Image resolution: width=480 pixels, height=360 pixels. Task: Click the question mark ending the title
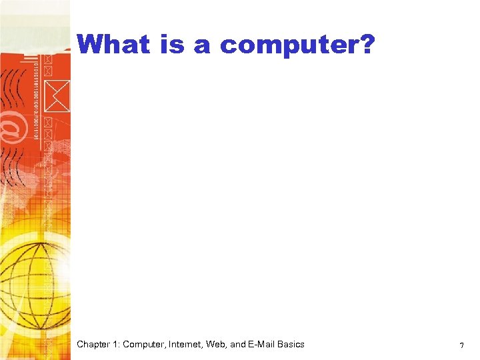(368, 45)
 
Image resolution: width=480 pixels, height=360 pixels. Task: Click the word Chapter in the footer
(93, 345)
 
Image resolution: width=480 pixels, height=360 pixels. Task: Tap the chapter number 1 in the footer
(116, 345)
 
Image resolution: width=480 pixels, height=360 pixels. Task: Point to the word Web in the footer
(221, 345)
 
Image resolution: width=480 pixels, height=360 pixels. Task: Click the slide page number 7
(461, 346)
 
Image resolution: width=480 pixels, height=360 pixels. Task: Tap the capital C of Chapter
(80, 345)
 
